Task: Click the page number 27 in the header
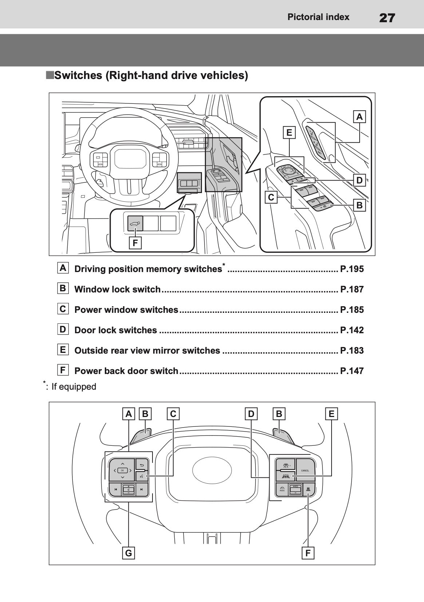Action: (x=387, y=17)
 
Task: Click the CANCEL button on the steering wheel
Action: (x=305, y=470)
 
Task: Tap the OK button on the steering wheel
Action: (x=122, y=470)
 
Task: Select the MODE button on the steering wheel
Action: (x=282, y=489)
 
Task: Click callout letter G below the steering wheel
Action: (x=128, y=553)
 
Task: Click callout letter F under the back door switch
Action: (x=135, y=243)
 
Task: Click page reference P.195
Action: (x=352, y=269)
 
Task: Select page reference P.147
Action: (x=352, y=371)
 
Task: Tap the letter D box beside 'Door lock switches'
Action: (x=63, y=330)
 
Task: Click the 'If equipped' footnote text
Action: (x=74, y=387)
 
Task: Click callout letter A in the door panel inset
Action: (x=359, y=117)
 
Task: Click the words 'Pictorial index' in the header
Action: (x=318, y=17)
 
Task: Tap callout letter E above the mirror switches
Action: (x=289, y=133)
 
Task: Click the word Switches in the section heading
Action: (x=78, y=76)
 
